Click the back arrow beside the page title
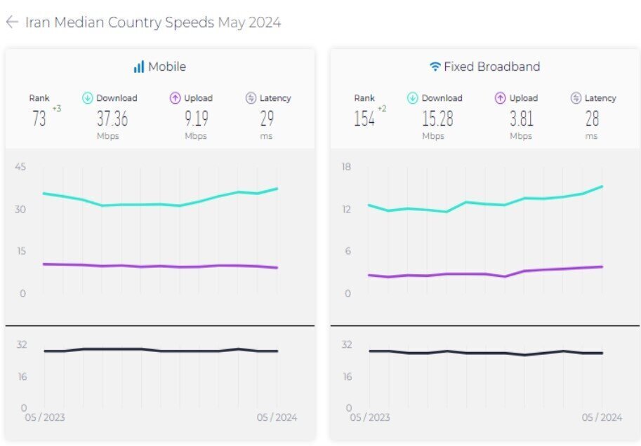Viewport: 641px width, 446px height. [x=11, y=22]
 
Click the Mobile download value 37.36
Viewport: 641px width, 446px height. [x=112, y=119]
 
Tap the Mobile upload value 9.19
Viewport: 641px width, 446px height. [x=196, y=119]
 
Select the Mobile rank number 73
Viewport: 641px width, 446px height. [x=39, y=119]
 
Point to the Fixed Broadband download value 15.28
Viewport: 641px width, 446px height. [x=437, y=119]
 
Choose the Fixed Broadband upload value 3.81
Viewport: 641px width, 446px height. [x=521, y=119]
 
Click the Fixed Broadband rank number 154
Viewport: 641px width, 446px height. [x=364, y=119]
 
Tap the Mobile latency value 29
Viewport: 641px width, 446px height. [x=267, y=119]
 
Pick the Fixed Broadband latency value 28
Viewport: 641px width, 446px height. [x=592, y=119]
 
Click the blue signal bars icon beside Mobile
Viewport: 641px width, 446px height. [x=138, y=67]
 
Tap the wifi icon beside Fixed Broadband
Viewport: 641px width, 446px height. [x=435, y=67]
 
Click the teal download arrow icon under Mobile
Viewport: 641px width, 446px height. [x=88, y=98]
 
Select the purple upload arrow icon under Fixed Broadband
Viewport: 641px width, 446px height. [x=501, y=98]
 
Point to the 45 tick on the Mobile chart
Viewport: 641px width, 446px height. [x=20, y=166]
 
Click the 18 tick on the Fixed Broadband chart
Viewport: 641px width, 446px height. [x=346, y=166]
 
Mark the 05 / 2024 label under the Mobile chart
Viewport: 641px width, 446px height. [x=277, y=417]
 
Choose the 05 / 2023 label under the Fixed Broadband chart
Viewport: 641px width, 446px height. [x=369, y=417]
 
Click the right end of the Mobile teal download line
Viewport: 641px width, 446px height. [x=277, y=188]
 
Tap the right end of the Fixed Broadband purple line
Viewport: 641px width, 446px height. [x=602, y=266]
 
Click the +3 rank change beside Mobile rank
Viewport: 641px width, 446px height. [x=57, y=108]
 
